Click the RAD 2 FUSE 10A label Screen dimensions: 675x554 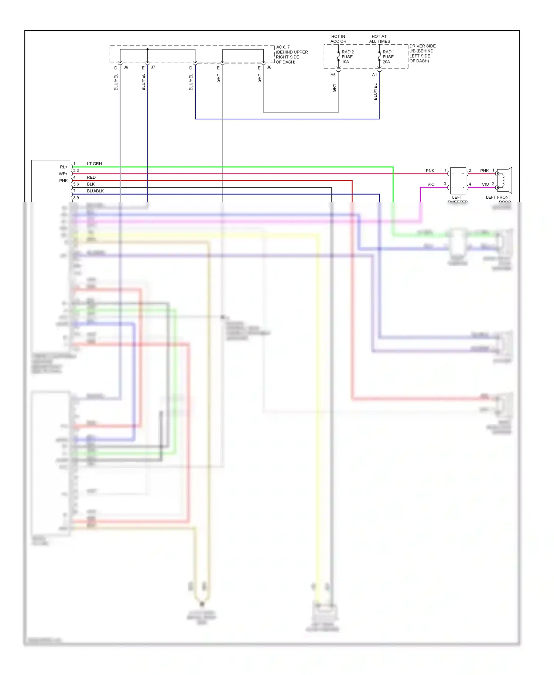(347, 57)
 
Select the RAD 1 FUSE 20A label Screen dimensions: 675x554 (388, 57)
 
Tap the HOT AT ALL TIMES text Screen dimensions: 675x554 (379, 39)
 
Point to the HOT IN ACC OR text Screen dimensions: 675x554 (338, 39)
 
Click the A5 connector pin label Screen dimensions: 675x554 (333, 75)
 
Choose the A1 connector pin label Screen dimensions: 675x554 (374, 75)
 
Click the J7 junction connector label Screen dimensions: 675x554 (153, 67)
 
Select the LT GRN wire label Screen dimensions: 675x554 (94, 164)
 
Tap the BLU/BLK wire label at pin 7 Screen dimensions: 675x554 (95, 191)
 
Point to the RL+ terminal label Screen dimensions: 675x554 (64, 167)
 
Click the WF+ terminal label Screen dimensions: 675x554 (63, 174)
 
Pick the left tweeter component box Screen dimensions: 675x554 (458, 181)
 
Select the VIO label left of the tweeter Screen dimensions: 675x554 (431, 184)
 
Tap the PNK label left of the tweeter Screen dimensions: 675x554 (430, 171)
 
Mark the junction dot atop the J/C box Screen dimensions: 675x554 (147, 49)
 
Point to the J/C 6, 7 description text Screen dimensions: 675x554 (291, 55)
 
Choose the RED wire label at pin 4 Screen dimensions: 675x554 (91, 177)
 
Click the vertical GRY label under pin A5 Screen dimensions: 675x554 (334, 88)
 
